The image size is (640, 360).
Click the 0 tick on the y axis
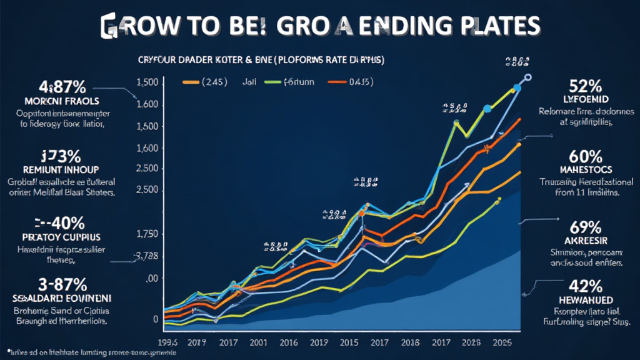pyautogui.click(x=155, y=318)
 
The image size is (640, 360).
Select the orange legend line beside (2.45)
pyautogui.click(x=190, y=81)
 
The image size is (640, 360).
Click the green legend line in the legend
pyautogui.click(x=272, y=81)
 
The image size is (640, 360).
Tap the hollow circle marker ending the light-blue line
pyautogui.click(x=528, y=77)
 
